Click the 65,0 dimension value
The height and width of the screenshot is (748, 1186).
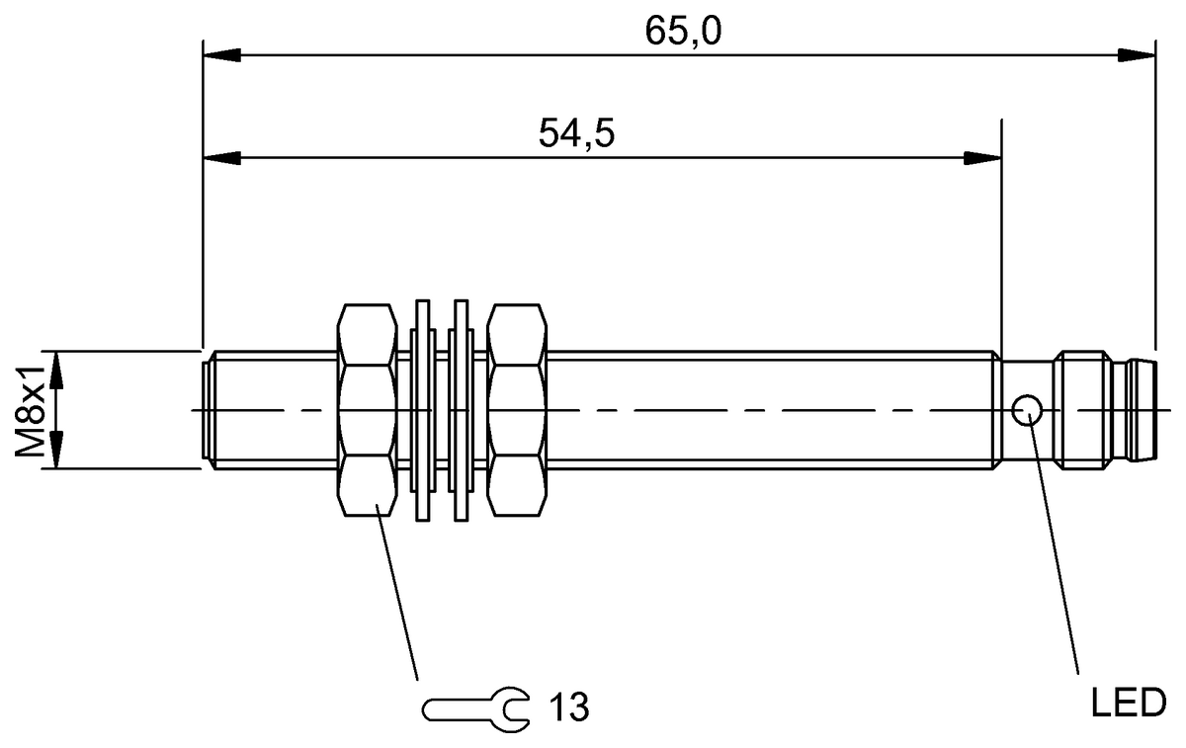683,32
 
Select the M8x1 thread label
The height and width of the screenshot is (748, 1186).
31,410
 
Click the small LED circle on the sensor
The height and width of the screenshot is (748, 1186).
1027,408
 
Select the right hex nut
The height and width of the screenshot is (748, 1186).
517,410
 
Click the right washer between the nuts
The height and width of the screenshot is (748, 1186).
460,410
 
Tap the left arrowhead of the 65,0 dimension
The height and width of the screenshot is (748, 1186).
219,54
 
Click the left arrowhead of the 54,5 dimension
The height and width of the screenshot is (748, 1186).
219,157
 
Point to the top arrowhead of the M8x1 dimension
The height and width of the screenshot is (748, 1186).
56,368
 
